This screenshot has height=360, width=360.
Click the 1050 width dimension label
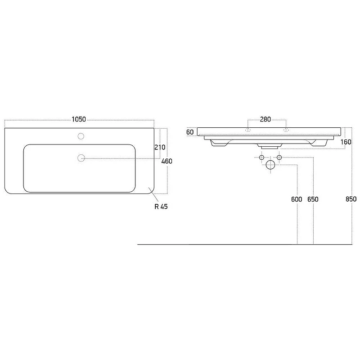click(79, 119)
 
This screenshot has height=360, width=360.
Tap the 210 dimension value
click(160, 147)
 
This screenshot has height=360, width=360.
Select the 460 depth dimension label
click(166, 161)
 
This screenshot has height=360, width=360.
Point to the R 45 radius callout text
click(161, 207)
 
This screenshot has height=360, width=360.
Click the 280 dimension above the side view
click(265, 119)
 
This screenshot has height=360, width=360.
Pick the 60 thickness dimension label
click(190, 132)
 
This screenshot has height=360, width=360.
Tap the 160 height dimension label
click(346, 142)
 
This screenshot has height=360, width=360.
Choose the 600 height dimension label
click(297, 199)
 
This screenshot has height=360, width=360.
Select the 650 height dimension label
click(313, 199)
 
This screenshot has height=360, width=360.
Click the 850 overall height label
click(351, 199)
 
